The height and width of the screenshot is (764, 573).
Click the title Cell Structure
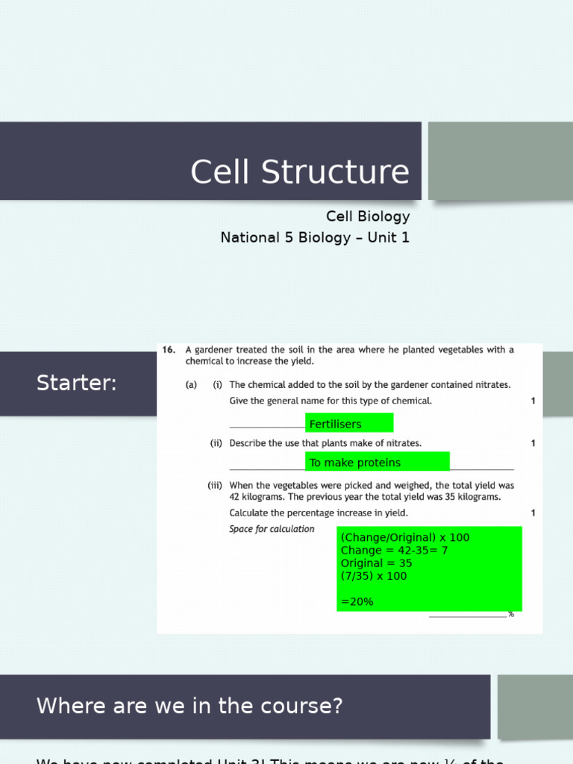(299, 172)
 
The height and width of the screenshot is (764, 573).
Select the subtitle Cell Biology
(367, 216)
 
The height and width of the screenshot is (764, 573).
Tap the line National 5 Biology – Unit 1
(315, 237)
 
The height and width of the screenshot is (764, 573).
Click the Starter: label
(76, 383)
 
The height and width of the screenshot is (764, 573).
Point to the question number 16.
(168, 349)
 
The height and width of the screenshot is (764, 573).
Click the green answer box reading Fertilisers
(348, 424)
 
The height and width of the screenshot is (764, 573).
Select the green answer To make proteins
(377, 463)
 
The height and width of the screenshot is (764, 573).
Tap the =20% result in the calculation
(357, 601)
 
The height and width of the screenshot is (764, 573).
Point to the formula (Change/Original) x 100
(405, 538)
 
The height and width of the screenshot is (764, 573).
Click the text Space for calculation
(272, 529)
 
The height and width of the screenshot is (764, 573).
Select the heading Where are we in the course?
(190, 706)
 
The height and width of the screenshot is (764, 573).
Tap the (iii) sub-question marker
(215, 485)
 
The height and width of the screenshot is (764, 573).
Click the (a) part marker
(192, 385)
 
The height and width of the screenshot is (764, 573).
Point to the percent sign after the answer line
(511, 614)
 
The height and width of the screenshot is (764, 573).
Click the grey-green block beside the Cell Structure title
(500, 160)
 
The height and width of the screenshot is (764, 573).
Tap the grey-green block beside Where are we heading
(535, 707)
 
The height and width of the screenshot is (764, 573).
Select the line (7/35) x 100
(374, 576)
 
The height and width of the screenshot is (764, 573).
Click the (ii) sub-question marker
(216, 443)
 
